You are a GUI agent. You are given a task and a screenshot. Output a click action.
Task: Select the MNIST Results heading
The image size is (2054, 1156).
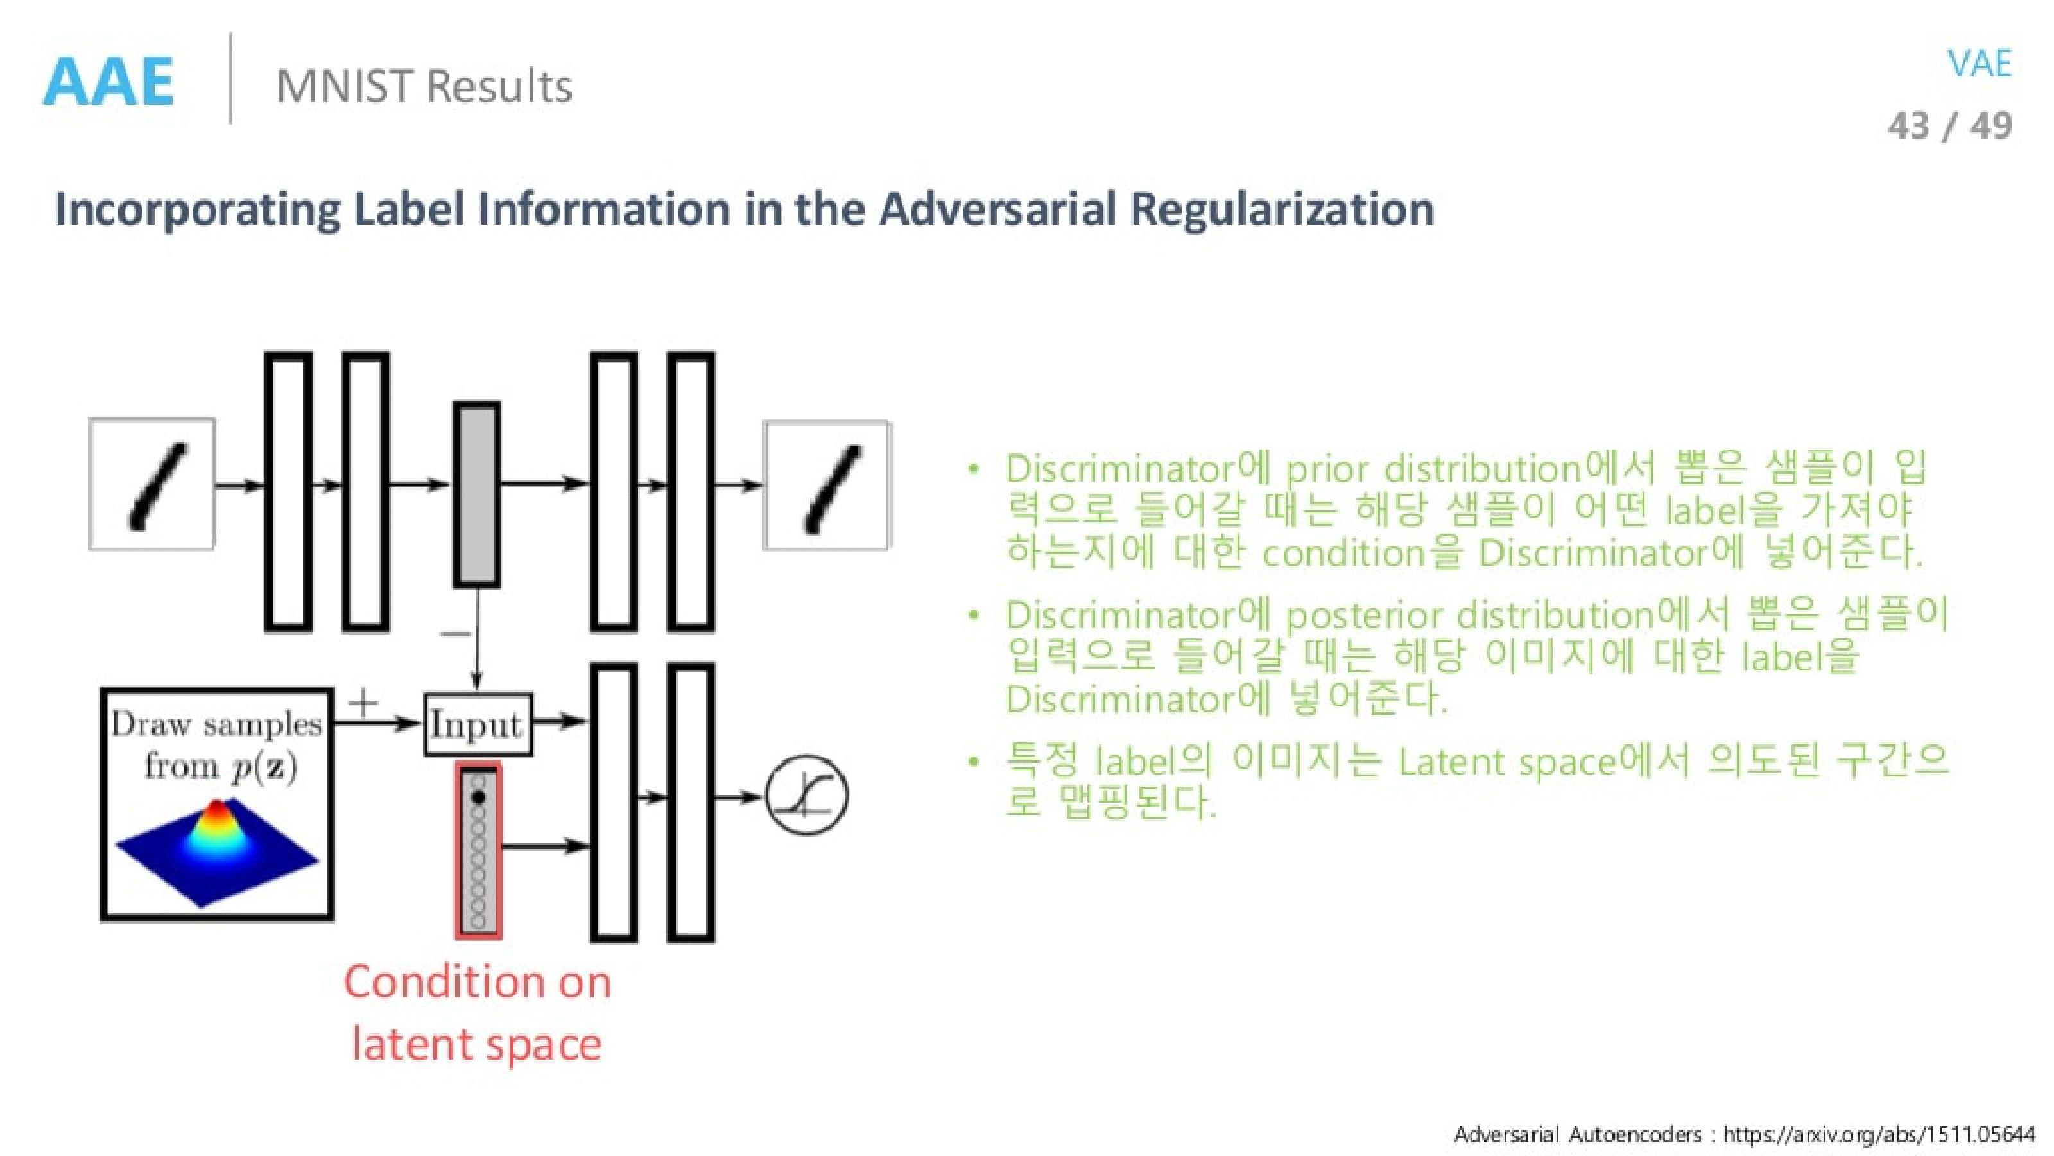coord(424,86)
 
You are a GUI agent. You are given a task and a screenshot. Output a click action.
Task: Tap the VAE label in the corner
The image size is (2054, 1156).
coord(1978,64)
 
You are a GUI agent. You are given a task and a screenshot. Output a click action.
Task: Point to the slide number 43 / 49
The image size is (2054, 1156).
coord(1949,126)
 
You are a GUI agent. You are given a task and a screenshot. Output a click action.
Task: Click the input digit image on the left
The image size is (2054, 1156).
coord(151,484)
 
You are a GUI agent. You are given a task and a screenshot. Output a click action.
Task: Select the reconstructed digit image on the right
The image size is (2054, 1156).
coord(826,485)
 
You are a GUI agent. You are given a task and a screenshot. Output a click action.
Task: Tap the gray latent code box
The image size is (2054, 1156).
coord(477,495)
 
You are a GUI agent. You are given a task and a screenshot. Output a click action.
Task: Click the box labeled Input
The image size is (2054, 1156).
coord(477,724)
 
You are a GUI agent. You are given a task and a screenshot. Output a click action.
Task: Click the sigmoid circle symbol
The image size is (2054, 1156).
coord(806,796)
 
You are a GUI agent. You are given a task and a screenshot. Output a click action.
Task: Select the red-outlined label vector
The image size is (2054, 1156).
coord(478,850)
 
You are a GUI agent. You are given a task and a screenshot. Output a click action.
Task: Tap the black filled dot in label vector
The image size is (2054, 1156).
coord(478,797)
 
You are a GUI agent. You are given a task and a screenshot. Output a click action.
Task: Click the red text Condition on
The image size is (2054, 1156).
coord(477,982)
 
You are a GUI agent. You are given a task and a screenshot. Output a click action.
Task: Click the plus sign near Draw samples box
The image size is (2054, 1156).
coord(363,703)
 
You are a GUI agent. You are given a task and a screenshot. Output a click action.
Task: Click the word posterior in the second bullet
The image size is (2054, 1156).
coord(1364,616)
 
